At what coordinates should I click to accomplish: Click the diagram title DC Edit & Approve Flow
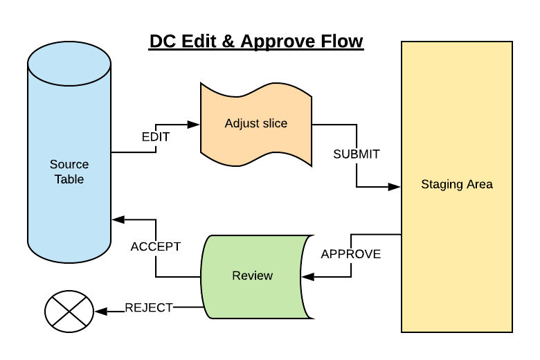point(256,42)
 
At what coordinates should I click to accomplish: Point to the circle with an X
point(69,311)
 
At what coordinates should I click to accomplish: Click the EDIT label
point(156,136)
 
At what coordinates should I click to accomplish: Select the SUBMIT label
point(357,154)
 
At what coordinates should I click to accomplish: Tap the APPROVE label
point(351,254)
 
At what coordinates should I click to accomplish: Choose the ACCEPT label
point(156,246)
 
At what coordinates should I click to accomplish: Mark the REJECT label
point(149,308)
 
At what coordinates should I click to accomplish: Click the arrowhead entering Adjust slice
point(194,125)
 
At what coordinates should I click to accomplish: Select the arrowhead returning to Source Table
point(118,220)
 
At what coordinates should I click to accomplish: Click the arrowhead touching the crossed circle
point(99,312)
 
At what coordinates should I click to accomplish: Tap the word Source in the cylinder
point(69,165)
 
